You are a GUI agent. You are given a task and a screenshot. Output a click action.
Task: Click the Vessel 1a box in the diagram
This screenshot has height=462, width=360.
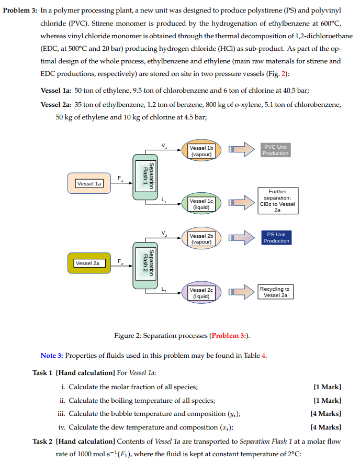coord(89,183)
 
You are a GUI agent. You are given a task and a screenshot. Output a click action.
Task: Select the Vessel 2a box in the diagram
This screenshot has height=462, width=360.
coord(89,263)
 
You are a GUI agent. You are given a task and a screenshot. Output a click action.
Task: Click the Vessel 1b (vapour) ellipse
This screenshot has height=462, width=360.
coord(201,151)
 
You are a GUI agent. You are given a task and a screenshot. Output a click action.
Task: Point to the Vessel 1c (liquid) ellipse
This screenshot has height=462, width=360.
coord(201,204)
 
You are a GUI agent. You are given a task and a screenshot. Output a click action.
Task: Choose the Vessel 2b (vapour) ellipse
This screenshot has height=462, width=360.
coord(201,239)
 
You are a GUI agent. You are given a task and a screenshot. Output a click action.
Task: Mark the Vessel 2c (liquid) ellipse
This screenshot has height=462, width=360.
coord(201,293)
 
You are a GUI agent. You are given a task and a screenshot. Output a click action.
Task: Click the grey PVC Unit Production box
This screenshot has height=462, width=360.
coord(276,150)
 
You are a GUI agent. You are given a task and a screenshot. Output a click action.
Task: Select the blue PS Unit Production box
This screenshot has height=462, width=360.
coord(276,237)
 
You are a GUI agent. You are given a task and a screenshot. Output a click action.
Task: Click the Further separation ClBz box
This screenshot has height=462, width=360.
coord(277,201)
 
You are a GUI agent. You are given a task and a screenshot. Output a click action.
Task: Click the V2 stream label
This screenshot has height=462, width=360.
coord(165,233)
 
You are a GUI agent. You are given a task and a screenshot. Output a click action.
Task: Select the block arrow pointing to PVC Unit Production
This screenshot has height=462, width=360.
coord(241,151)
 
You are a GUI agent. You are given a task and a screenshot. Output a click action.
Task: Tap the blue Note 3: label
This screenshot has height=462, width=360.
coord(51,356)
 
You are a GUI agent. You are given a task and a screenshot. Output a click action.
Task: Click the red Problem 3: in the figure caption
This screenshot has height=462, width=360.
coord(229,335)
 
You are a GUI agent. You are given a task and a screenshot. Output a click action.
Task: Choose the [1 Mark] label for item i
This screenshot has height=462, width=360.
coord(327,387)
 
